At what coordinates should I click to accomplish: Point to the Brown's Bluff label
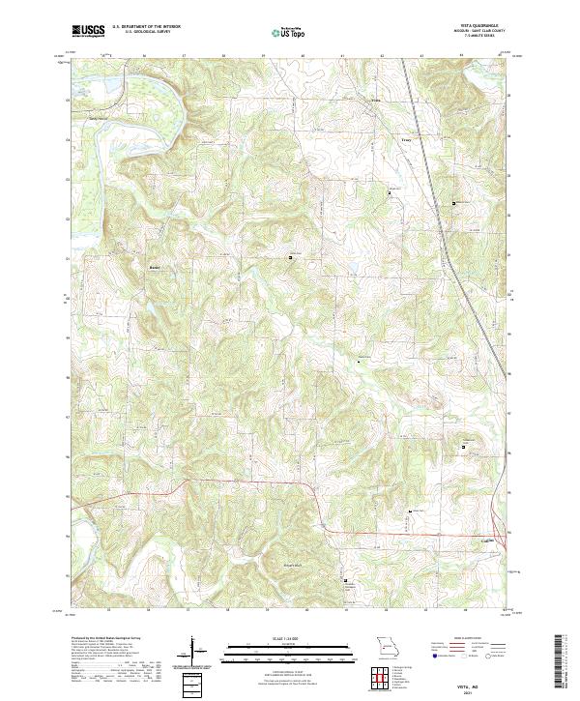(293, 564)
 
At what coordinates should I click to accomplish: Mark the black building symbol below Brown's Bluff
(345, 580)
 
